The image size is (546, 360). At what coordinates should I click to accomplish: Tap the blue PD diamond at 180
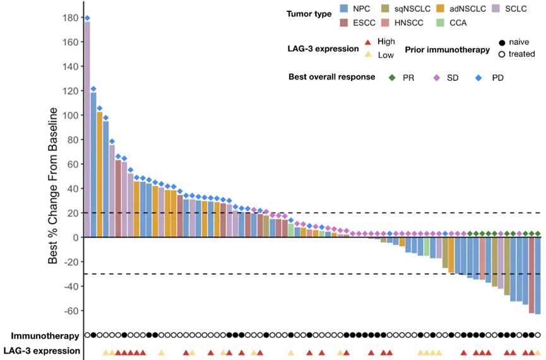click(x=87, y=18)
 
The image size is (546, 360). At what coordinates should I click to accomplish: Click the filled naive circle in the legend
click(x=501, y=42)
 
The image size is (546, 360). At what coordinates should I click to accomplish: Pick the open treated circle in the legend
click(x=501, y=54)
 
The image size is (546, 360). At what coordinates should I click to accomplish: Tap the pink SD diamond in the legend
click(x=436, y=78)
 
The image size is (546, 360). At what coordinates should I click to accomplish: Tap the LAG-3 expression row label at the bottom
click(x=42, y=351)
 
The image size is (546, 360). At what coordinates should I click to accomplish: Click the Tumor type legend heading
click(x=308, y=14)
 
